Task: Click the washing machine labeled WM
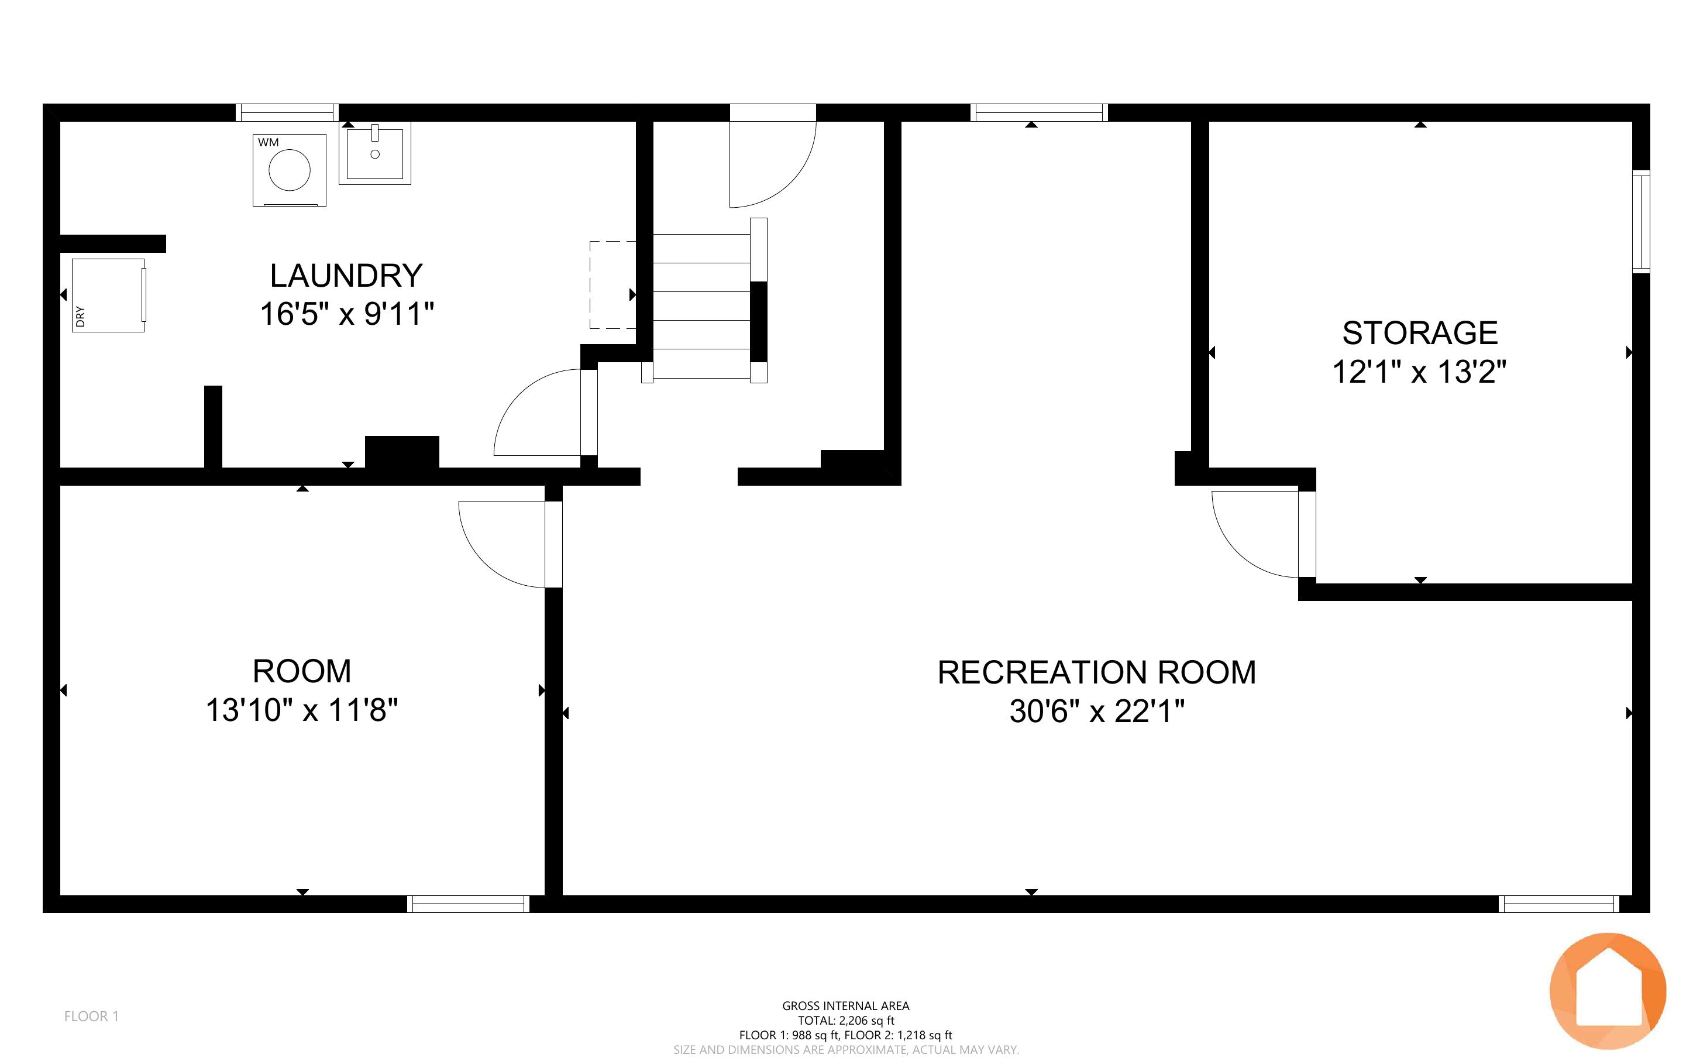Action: pos(290,170)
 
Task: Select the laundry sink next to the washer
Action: pos(375,153)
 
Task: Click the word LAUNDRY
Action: pos(346,276)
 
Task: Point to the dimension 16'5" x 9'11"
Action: pos(347,314)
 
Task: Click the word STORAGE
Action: pos(1420,333)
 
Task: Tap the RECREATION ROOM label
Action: pos(1096,672)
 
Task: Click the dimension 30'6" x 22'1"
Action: pos(1096,712)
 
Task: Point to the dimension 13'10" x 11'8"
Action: pos(301,710)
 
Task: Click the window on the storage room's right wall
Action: pos(1640,221)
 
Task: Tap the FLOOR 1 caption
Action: pos(92,1016)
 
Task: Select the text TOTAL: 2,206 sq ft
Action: pos(846,1020)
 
